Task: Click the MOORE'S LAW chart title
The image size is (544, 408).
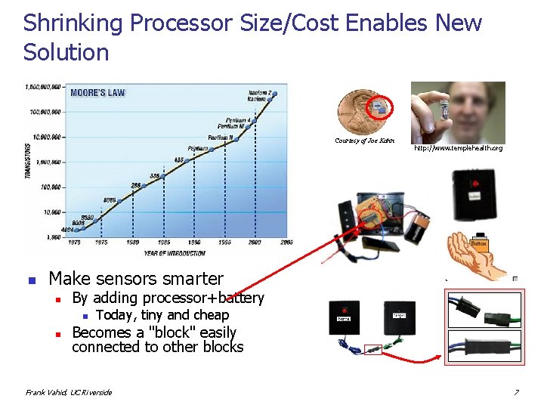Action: click(x=97, y=93)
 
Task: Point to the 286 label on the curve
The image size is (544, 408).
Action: click(x=136, y=185)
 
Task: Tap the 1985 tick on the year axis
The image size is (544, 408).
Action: click(x=164, y=242)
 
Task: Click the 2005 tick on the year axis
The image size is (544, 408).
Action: click(x=287, y=242)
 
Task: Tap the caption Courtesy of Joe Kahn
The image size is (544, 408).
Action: click(x=360, y=141)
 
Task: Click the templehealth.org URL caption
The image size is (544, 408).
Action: click(x=458, y=148)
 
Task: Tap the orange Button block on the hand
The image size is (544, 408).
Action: click(x=479, y=244)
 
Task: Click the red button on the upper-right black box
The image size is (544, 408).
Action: click(x=476, y=183)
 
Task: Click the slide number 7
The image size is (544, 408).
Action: click(x=516, y=392)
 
